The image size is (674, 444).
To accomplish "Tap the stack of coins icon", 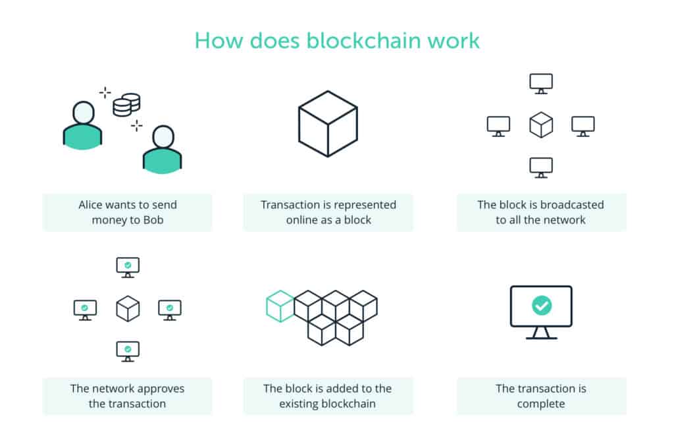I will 126,105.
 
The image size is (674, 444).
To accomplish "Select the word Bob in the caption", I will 153,220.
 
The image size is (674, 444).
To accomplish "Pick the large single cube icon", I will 328,123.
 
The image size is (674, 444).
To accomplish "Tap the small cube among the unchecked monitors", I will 541,125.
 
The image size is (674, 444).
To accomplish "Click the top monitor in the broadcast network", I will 541,83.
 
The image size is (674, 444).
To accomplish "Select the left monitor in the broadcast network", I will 498,125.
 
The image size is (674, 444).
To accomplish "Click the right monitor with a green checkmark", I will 170,308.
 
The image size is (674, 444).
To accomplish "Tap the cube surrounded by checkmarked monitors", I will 128,308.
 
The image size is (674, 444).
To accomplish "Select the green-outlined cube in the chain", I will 280,306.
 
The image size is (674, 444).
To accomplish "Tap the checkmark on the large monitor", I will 541,306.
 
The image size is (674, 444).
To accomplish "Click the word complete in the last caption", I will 541,404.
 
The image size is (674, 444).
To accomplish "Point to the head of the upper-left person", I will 84,112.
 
